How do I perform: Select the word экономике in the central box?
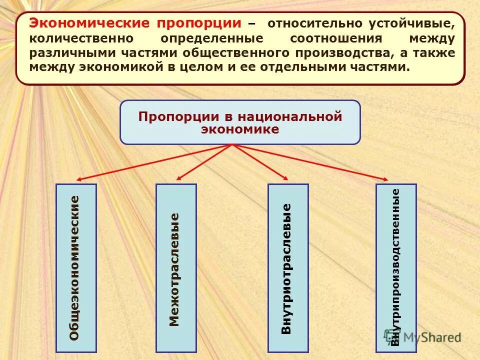point(240,128)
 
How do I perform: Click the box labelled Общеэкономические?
point(76,268)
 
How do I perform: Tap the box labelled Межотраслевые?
point(176,268)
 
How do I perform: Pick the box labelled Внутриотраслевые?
point(288,268)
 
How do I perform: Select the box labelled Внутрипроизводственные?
point(395,268)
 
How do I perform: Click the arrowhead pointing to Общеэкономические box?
point(79,179)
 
